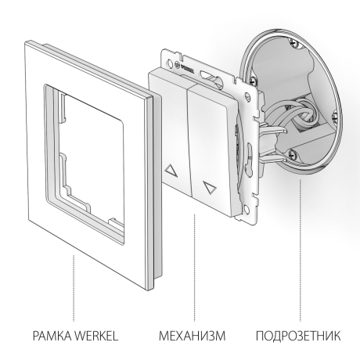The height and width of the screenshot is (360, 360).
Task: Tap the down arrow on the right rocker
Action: point(207,188)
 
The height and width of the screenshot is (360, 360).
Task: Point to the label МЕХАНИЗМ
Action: point(193,337)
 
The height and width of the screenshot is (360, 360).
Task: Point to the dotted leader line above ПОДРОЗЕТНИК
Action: point(301,250)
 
